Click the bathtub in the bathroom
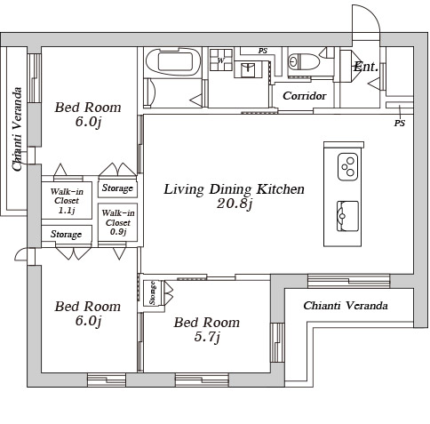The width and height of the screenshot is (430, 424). click(173, 61)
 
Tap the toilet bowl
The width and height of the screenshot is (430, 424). click(304, 62)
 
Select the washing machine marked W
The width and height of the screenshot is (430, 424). click(220, 60)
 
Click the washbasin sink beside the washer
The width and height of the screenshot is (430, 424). click(248, 70)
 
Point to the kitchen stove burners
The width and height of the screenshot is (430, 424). click(347, 167)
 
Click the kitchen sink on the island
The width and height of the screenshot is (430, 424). click(347, 216)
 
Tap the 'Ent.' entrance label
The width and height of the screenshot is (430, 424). click(366, 67)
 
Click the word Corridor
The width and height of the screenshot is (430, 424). click(305, 96)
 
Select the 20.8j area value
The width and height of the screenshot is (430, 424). click(235, 204)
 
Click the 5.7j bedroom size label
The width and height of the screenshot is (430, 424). click(207, 337)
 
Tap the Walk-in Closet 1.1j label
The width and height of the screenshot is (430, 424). click(67, 201)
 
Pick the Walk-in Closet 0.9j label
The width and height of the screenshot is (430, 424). click(118, 222)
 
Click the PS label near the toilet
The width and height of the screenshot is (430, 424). click(262, 51)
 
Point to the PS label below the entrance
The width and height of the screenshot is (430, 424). click(399, 123)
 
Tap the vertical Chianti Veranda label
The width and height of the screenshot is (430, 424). click(17, 129)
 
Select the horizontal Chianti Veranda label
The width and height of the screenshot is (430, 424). click(346, 306)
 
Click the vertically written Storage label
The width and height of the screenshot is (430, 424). click(152, 293)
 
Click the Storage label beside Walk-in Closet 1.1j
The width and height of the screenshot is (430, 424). click(66, 235)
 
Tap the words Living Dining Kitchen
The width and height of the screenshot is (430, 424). click(234, 189)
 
